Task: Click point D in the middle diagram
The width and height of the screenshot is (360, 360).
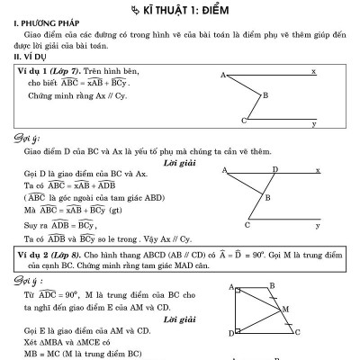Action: click(x=275, y=168)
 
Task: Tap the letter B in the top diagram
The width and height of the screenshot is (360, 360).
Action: click(x=265, y=94)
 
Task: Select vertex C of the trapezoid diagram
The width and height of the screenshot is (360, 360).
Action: click(x=296, y=332)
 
